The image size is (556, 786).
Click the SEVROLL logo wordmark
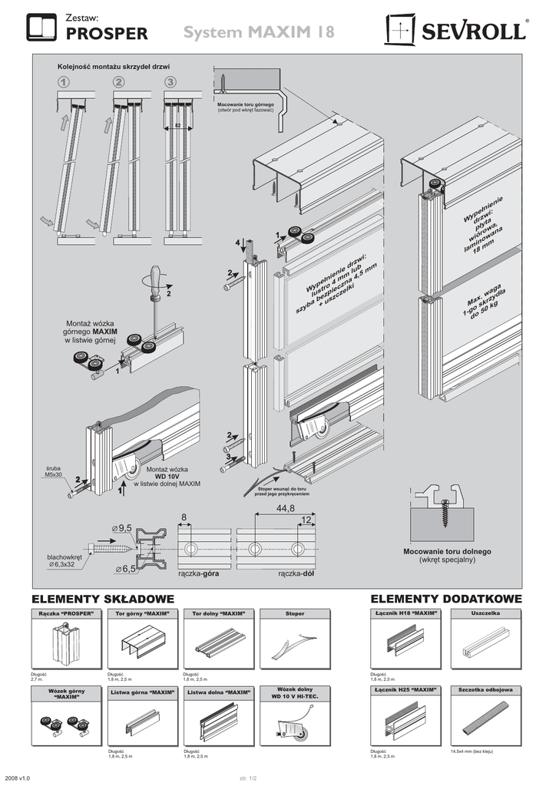[x=472, y=32]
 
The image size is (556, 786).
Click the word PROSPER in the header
[x=107, y=34]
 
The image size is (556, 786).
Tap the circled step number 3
[x=170, y=82]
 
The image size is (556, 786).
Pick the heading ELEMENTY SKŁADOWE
[x=103, y=599]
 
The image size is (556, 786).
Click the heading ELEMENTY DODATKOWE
[x=446, y=599]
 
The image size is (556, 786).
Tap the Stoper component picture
[x=295, y=646]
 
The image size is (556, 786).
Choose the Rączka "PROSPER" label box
[x=65, y=613]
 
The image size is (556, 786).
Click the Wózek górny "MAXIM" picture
[x=65, y=726]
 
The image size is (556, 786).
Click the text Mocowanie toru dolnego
[x=448, y=552]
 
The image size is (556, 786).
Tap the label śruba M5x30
[x=55, y=471]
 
